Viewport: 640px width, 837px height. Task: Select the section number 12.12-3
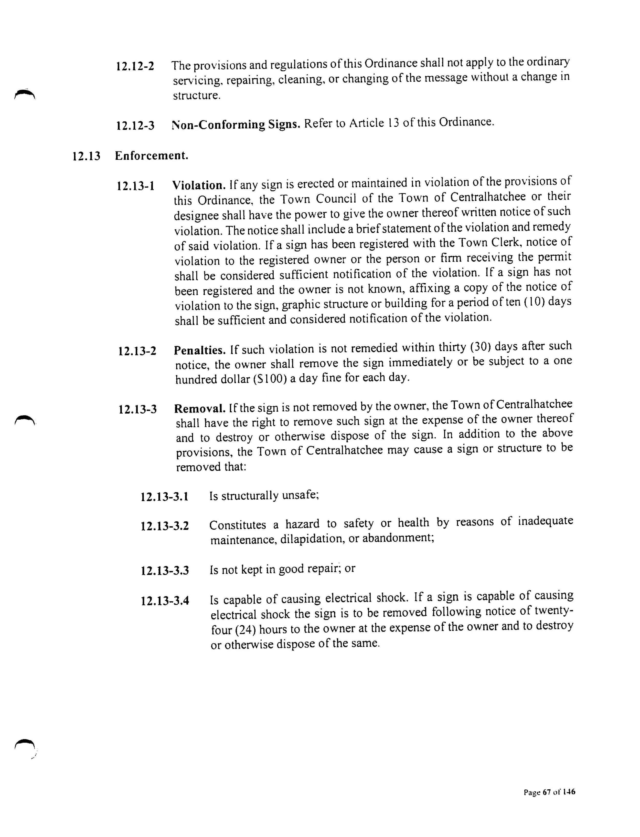click(135, 125)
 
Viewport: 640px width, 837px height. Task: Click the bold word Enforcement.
click(152, 156)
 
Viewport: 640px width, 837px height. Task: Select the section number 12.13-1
click(136, 186)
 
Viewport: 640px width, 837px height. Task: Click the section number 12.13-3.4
click(165, 601)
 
